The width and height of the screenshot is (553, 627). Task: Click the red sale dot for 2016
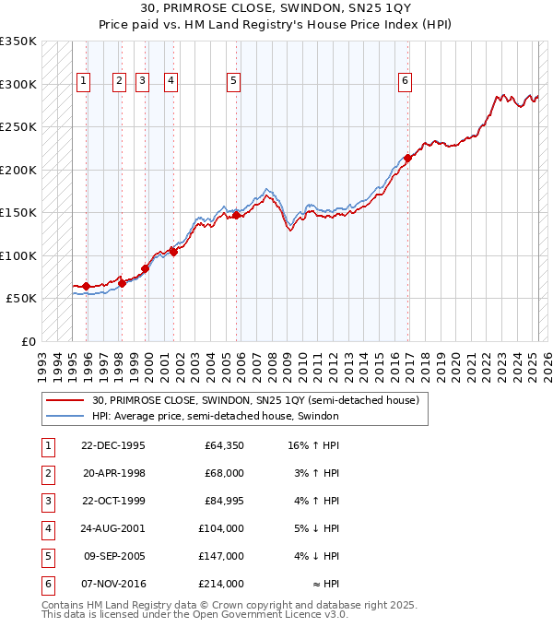pyautogui.click(x=407, y=158)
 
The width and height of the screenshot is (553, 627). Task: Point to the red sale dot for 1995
pyautogui.click(x=87, y=286)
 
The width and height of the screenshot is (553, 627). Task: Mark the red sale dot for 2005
pyautogui.click(x=236, y=215)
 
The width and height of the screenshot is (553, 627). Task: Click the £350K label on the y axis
pyautogui.click(x=18, y=41)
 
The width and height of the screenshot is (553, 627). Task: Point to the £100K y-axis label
pyautogui.click(x=18, y=255)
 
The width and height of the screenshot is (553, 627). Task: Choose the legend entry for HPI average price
pyautogui.click(x=216, y=416)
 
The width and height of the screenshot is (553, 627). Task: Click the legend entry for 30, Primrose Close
pyautogui.click(x=255, y=400)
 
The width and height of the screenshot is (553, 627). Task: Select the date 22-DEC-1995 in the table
pyautogui.click(x=113, y=445)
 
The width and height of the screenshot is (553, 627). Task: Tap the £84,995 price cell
pyautogui.click(x=221, y=501)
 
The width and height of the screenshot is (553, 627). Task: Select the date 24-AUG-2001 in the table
pyautogui.click(x=113, y=528)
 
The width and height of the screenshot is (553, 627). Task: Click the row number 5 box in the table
pyautogui.click(x=46, y=556)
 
